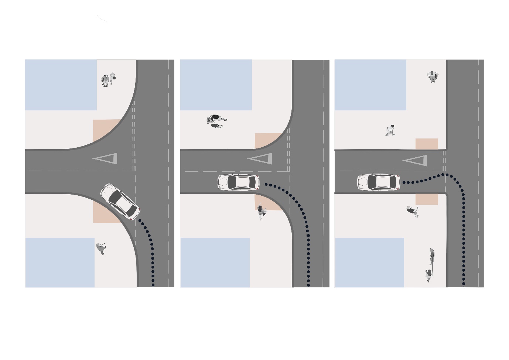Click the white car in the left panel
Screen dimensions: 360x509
[x=120, y=202]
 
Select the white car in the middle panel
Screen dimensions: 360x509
[x=238, y=182]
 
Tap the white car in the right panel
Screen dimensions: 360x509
[x=378, y=182]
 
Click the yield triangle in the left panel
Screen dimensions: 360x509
[x=107, y=159]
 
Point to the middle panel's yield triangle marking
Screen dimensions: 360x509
[x=262, y=159]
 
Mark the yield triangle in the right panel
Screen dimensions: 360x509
[x=417, y=161]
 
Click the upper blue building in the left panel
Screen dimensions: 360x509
[x=61, y=85]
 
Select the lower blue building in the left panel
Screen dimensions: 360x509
[x=60, y=262]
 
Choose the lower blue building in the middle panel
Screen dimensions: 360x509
[x=215, y=262]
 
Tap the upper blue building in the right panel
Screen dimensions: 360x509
[x=370, y=85]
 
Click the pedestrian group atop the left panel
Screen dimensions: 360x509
[x=108, y=79]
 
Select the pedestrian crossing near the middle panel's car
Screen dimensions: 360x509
[x=262, y=212]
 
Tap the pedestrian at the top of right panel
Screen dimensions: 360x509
[x=433, y=76]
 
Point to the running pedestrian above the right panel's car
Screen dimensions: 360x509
[x=390, y=130]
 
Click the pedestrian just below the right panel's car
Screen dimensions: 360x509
[x=413, y=212]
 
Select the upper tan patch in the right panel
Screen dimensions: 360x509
[x=427, y=144]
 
